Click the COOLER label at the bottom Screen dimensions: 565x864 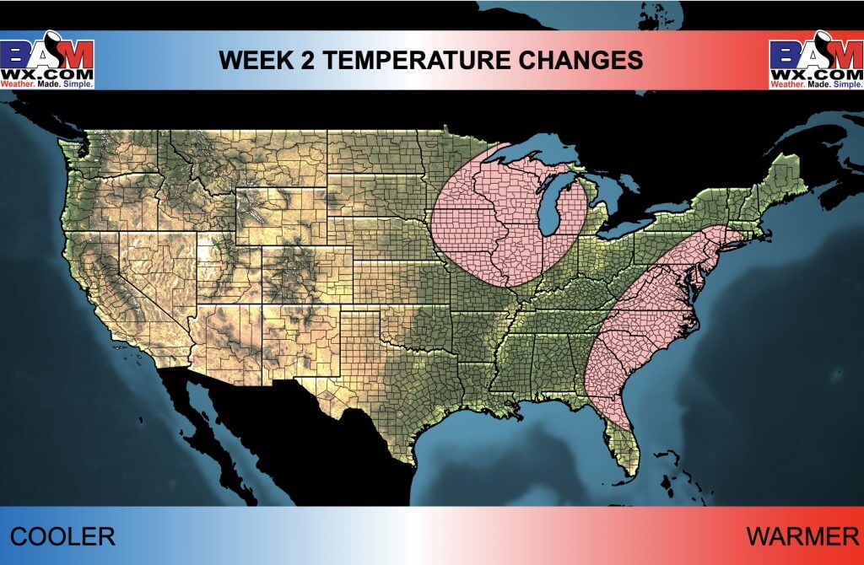point(62,536)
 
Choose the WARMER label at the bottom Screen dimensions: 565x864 point(802,536)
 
